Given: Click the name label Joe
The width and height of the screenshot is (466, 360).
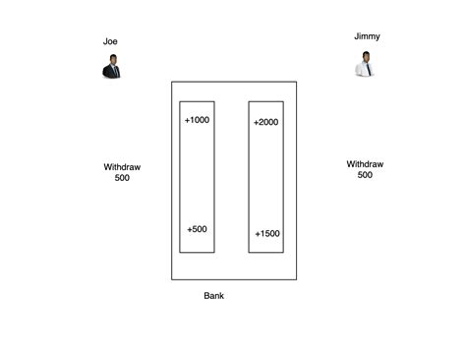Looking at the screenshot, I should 110,41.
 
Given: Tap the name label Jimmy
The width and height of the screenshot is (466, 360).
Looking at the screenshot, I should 368,36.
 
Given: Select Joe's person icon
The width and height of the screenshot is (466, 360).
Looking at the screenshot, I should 111,67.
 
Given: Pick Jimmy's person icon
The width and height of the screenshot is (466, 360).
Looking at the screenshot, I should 365,65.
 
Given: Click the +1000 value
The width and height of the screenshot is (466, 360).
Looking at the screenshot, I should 197,120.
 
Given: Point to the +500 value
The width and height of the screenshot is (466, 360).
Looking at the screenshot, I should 197,229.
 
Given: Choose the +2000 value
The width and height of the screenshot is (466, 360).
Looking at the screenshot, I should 265,123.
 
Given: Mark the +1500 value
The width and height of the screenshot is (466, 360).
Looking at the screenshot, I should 266,234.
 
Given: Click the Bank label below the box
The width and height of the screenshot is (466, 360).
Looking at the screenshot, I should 215,295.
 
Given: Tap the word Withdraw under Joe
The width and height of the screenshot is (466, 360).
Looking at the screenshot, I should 122,167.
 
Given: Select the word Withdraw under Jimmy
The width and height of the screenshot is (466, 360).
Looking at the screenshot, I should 365,164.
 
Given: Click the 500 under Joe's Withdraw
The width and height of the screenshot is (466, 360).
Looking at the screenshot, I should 122,178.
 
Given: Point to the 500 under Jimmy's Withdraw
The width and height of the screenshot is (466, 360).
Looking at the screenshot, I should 365,175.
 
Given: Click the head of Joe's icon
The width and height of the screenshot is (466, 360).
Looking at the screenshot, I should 112,60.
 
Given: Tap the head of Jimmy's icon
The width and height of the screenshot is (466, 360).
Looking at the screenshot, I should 365,57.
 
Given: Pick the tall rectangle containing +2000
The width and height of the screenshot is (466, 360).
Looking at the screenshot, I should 265,177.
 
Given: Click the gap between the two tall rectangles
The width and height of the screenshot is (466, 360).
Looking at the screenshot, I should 231,177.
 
